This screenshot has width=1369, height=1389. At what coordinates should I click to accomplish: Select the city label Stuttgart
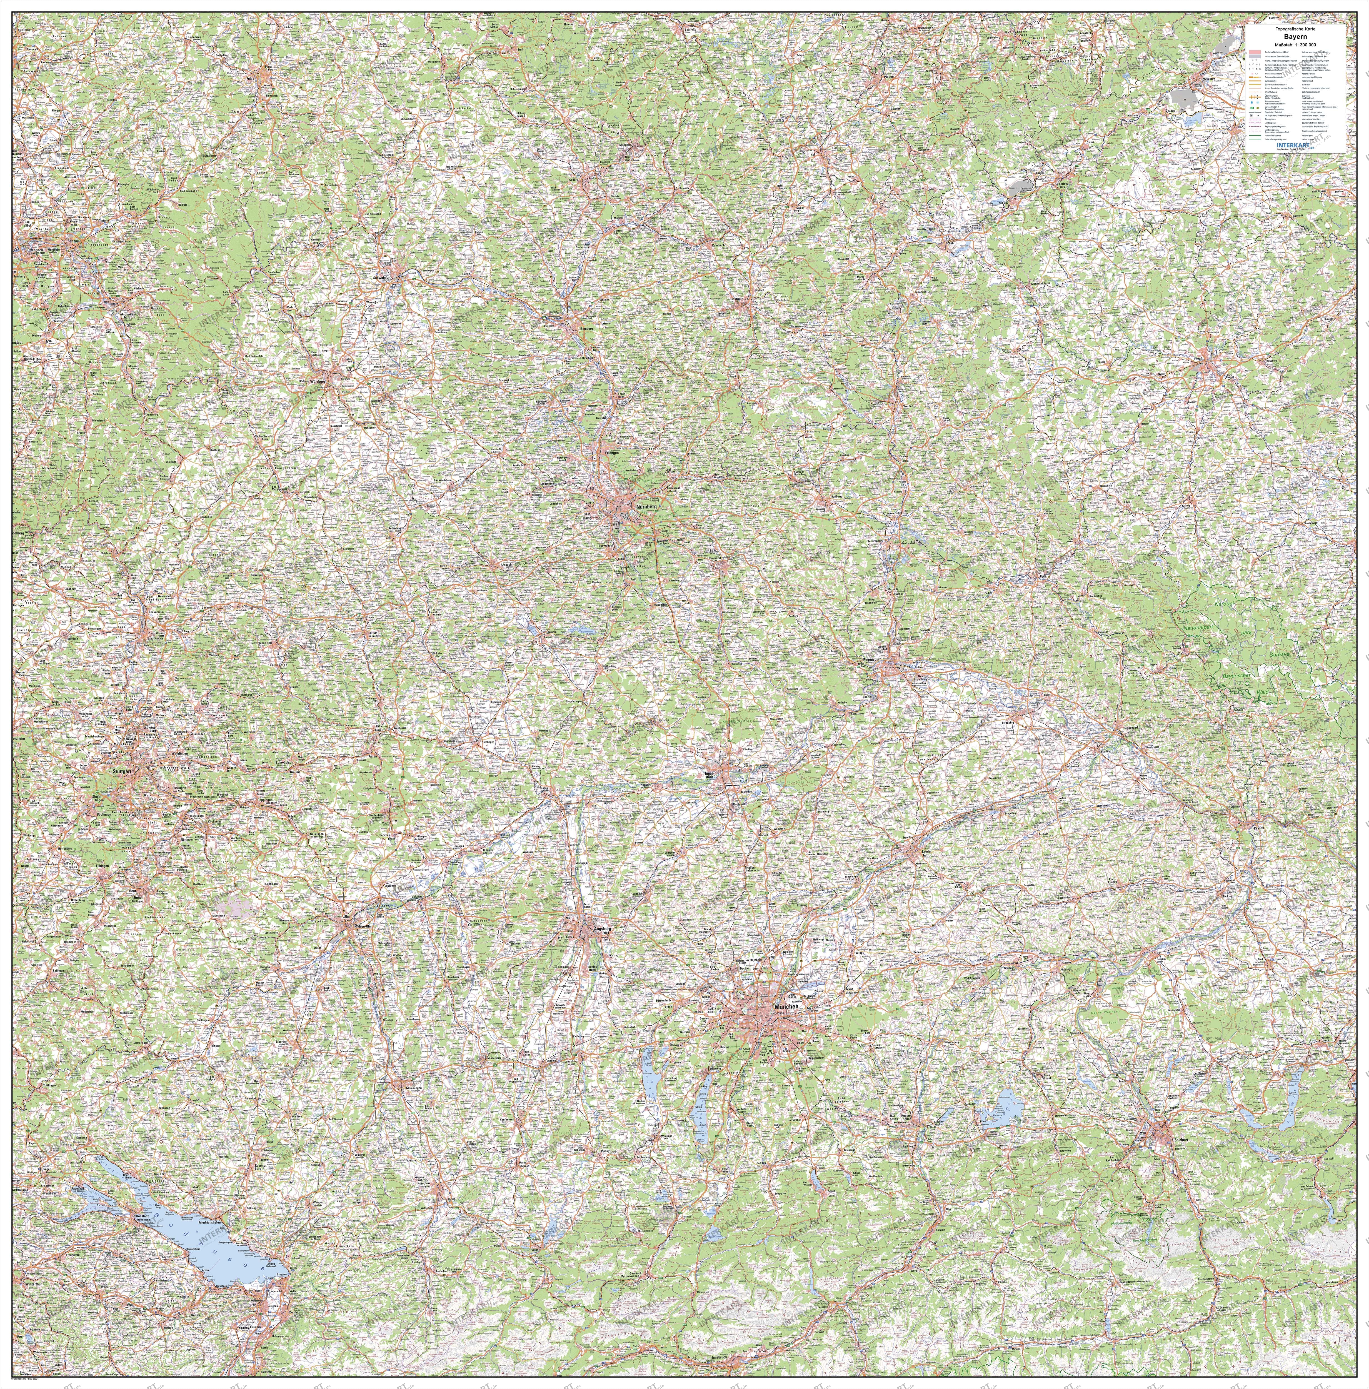123,771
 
